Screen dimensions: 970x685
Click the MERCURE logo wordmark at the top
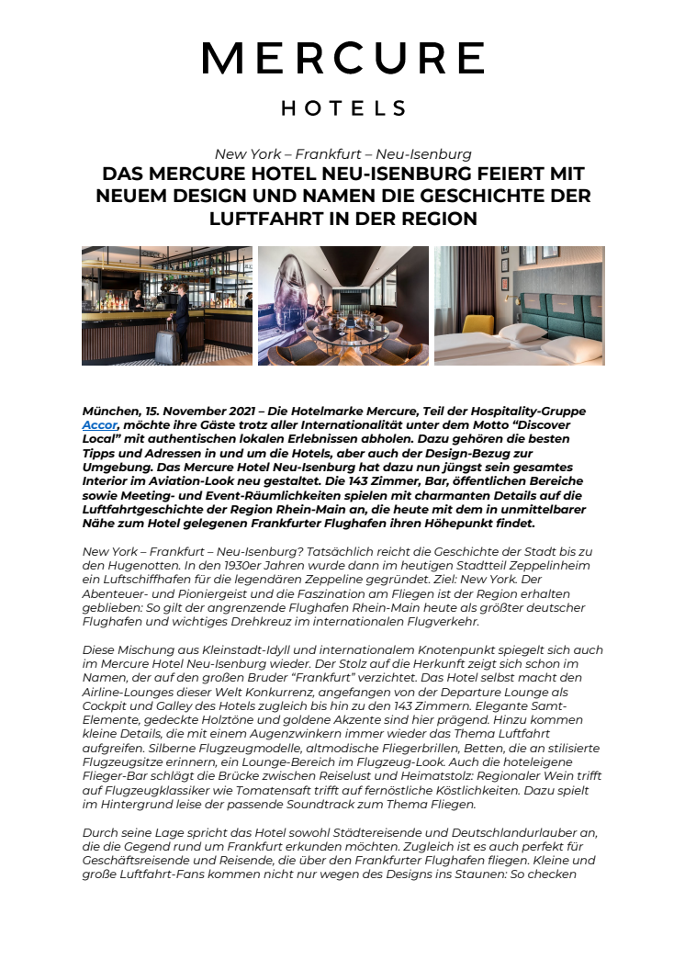(342, 59)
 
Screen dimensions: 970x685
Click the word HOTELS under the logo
(342, 108)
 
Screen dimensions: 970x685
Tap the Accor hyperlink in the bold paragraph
(100, 425)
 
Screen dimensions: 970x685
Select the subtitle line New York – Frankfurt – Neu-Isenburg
(342, 153)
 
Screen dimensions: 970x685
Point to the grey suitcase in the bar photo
(165, 345)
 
